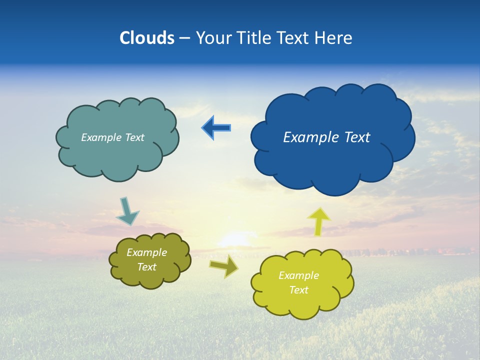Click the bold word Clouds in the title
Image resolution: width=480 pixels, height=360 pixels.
[147, 38]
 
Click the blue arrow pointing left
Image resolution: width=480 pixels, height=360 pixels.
[216, 128]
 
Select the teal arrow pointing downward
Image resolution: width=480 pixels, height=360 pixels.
[127, 211]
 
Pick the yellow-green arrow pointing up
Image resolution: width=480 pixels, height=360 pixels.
[318, 221]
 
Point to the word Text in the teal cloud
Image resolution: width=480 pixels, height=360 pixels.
[133, 137]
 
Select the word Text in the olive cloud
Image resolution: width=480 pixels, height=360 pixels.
[146, 267]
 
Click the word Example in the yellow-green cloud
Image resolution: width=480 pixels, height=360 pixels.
[298, 275]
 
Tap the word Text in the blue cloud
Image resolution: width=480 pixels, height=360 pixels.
[356, 137]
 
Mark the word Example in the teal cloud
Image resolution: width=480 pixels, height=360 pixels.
[100, 137]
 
